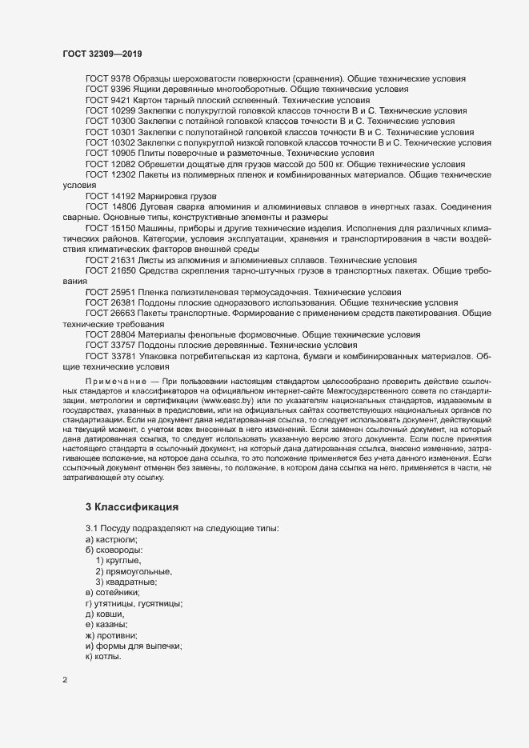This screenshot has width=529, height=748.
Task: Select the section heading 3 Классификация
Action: click(132, 507)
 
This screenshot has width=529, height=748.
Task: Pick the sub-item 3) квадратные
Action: click(127, 582)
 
